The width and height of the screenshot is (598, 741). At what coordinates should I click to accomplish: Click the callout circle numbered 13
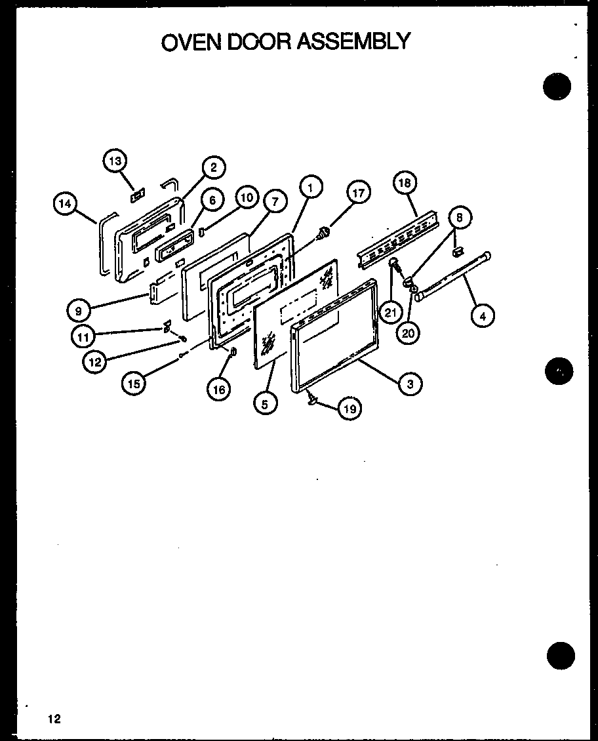(115, 161)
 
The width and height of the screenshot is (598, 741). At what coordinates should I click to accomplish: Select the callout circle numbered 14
(64, 203)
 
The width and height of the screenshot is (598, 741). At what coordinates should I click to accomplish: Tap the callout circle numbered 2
(214, 167)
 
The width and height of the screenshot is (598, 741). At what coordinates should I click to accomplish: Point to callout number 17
(358, 193)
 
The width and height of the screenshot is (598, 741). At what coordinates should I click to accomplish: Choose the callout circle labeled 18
(405, 183)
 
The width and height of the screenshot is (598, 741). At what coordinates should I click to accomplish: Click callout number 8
(460, 218)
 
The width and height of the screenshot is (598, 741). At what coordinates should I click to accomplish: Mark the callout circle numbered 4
(482, 315)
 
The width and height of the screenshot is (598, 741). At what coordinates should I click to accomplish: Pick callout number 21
(391, 312)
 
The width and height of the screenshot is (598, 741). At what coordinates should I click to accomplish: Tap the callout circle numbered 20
(408, 332)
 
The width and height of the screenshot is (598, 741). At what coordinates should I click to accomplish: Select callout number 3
(410, 384)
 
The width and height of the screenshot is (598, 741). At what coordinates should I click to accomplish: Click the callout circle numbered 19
(349, 409)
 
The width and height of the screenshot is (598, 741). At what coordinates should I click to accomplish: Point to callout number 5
(264, 404)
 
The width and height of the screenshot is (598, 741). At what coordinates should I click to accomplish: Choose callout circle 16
(218, 389)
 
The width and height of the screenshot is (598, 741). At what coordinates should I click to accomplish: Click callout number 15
(134, 384)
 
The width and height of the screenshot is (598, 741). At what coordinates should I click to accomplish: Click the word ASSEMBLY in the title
(354, 41)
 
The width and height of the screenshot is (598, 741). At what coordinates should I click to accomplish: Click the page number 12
(54, 719)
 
